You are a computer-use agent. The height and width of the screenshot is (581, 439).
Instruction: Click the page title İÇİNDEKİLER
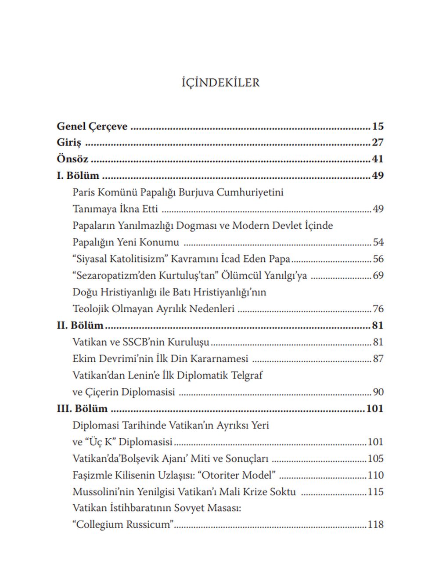(x=220, y=83)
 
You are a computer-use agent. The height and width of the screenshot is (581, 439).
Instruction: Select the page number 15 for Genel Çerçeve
(x=378, y=126)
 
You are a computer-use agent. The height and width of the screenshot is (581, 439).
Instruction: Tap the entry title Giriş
(x=69, y=143)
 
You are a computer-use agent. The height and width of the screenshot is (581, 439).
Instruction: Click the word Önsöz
(x=72, y=159)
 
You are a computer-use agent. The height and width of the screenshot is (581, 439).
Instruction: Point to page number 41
(x=378, y=159)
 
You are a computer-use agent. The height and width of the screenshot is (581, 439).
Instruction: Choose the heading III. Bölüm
(x=82, y=409)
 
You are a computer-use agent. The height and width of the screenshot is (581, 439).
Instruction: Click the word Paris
(x=83, y=192)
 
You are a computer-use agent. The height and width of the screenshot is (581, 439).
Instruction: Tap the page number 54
(x=378, y=242)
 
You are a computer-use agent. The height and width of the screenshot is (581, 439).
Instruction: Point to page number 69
(x=378, y=276)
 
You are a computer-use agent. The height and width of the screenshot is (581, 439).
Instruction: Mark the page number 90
(x=378, y=392)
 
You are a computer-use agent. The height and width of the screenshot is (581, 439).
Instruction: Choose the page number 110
(x=376, y=475)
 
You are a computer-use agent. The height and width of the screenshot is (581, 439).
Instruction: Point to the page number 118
(x=376, y=525)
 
